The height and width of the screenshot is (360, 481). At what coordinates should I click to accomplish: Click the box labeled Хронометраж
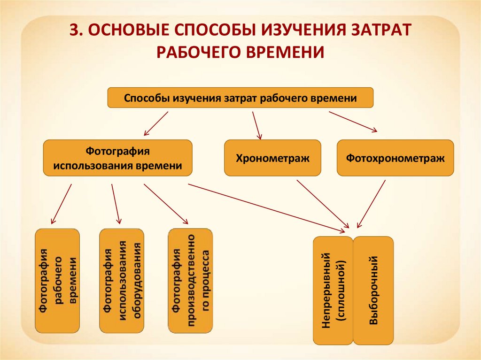[272, 158]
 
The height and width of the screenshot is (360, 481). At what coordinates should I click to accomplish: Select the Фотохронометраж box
[395, 158]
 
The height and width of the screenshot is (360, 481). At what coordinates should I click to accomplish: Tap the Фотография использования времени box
[117, 158]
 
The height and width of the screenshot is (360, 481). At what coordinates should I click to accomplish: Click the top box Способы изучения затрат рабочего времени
[240, 99]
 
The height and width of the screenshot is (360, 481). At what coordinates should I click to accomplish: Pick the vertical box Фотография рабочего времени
[57, 281]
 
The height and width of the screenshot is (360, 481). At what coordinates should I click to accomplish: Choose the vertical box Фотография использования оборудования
[122, 281]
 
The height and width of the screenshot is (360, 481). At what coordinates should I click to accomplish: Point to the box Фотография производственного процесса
[190, 281]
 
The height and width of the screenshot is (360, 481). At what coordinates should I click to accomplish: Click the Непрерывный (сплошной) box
[333, 290]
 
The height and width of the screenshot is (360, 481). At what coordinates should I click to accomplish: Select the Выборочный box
[373, 290]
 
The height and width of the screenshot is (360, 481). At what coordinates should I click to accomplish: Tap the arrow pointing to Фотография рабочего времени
[62, 203]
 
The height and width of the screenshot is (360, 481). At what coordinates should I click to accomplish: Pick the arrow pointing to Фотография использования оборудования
[116, 203]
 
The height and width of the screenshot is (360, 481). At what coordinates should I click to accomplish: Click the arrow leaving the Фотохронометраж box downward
[372, 204]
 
